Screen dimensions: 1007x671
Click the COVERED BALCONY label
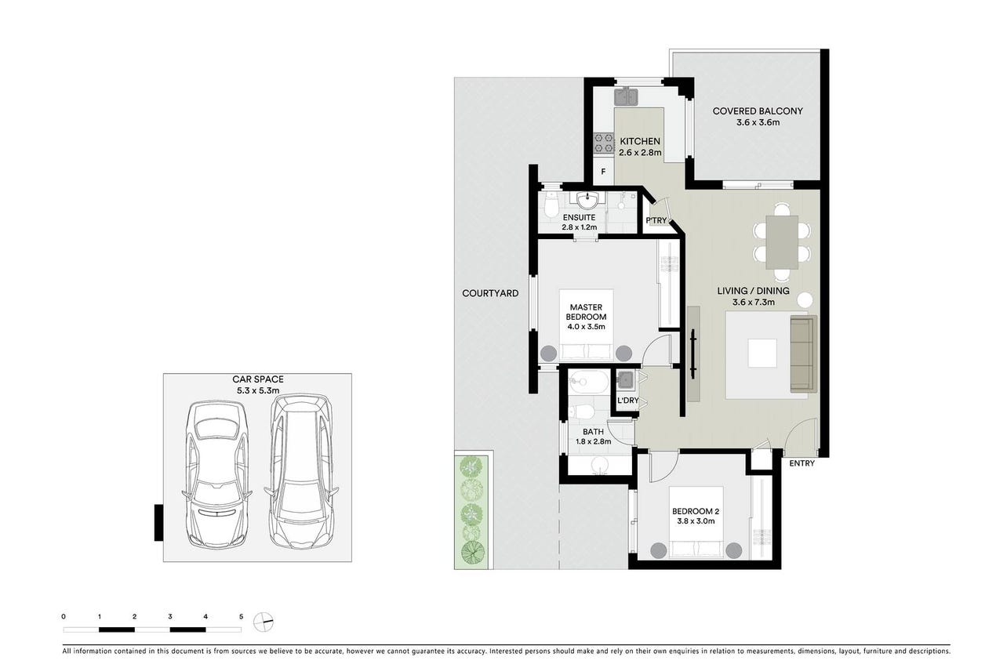pyautogui.click(x=758, y=111)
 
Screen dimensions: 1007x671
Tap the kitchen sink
pyautogui.click(x=626, y=96)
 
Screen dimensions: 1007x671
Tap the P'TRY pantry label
pyautogui.click(x=656, y=221)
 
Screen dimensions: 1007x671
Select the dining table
pyautogui.click(x=782, y=242)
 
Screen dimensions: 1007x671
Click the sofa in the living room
pyautogui.click(x=803, y=354)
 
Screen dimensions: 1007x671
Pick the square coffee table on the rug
pyautogui.click(x=762, y=354)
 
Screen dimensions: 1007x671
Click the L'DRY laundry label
pyautogui.click(x=627, y=400)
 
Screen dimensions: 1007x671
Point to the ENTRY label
pyautogui.click(x=802, y=463)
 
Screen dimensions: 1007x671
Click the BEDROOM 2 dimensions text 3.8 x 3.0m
pyautogui.click(x=696, y=521)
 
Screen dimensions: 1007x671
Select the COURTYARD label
pyautogui.click(x=490, y=293)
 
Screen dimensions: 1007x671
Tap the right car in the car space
pyautogui.click(x=301, y=472)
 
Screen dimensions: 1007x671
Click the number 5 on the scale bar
pyautogui.click(x=241, y=617)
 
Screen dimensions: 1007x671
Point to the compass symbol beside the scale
pyautogui.click(x=264, y=622)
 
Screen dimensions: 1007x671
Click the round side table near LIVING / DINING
pyautogui.click(x=805, y=299)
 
